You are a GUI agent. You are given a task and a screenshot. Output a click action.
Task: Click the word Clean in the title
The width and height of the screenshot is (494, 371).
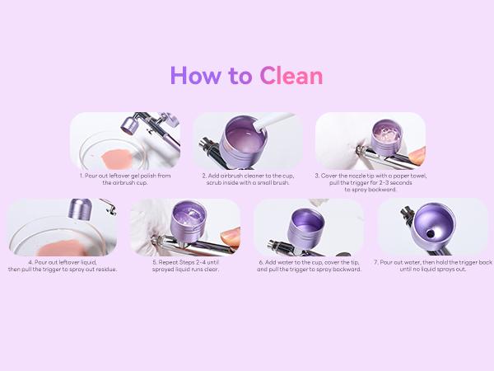pyautogui.click(x=291, y=76)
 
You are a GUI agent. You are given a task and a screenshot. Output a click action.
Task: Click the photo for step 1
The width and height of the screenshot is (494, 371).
pyautogui.click(x=125, y=141)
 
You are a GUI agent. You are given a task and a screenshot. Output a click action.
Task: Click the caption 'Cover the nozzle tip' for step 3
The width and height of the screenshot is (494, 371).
pyautogui.click(x=370, y=182)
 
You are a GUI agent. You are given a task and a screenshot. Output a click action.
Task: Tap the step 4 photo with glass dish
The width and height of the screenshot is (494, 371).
pyautogui.click(x=62, y=228)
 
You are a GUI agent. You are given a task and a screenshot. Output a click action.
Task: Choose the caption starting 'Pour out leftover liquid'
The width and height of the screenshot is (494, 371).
pyautogui.click(x=63, y=267)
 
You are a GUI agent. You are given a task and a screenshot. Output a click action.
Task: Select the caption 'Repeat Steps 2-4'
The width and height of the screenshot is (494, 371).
pyautogui.click(x=185, y=267)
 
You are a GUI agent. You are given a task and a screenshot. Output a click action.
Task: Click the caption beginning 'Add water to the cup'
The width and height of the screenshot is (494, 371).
pyautogui.click(x=309, y=267)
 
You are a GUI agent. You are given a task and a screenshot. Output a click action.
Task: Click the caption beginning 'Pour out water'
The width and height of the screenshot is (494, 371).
pyautogui.click(x=432, y=267)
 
